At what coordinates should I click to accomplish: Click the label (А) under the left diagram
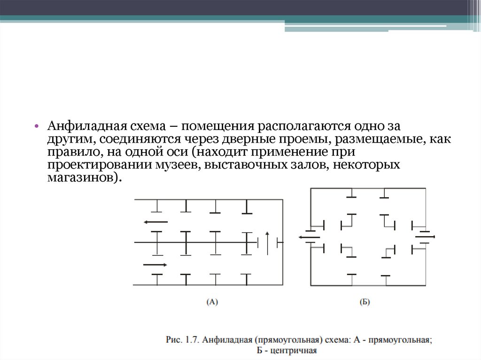click(x=212, y=303)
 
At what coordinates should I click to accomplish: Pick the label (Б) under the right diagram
click(x=365, y=303)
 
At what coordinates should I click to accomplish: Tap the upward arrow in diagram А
click(x=267, y=242)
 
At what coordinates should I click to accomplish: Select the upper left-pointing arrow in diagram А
click(x=155, y=222)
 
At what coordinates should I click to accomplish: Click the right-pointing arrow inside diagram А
click(x=155, y=265)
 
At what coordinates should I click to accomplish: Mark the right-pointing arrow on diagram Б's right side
click(x=425, y=237)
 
